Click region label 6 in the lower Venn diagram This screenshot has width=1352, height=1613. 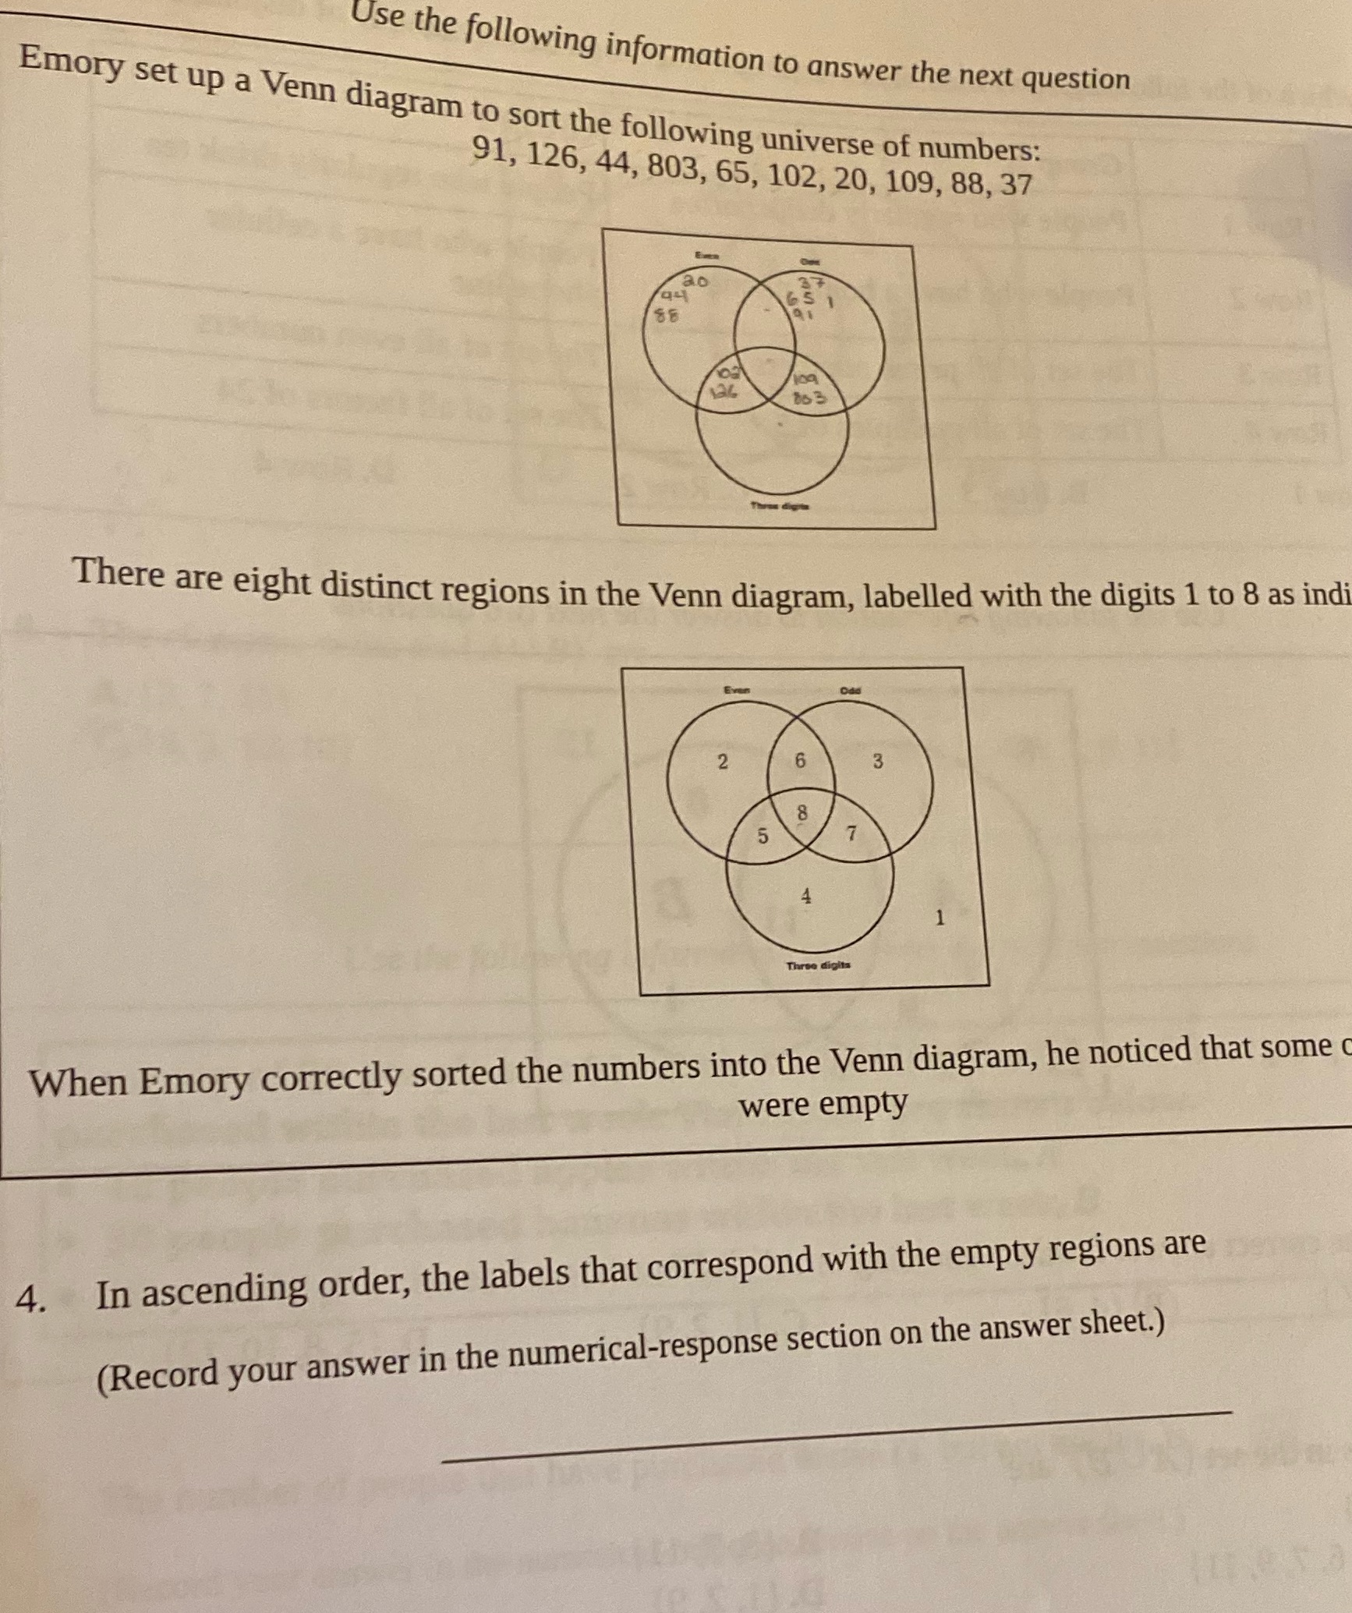[x=800, y=760]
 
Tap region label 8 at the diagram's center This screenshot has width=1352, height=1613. [x=802, y=813]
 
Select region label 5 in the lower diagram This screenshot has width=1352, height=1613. [x=763, y=836]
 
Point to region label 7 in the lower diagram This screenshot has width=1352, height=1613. [x=851, y=833]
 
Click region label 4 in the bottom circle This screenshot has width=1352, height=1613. [x=806, y=897]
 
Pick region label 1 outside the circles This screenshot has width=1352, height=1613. [x=940, y=918]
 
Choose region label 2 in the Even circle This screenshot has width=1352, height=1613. [x=722, y=762]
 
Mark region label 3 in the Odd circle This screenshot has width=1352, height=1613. [x=877, y=762]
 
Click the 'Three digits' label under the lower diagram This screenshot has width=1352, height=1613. [x=818, y=965]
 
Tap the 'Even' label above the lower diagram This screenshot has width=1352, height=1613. [x=736, y=689]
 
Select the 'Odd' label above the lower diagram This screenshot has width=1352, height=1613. [x=851, y=690]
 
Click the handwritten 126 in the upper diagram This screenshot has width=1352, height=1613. [x=722, y=394]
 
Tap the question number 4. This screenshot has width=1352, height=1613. [x=30, y=1299]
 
